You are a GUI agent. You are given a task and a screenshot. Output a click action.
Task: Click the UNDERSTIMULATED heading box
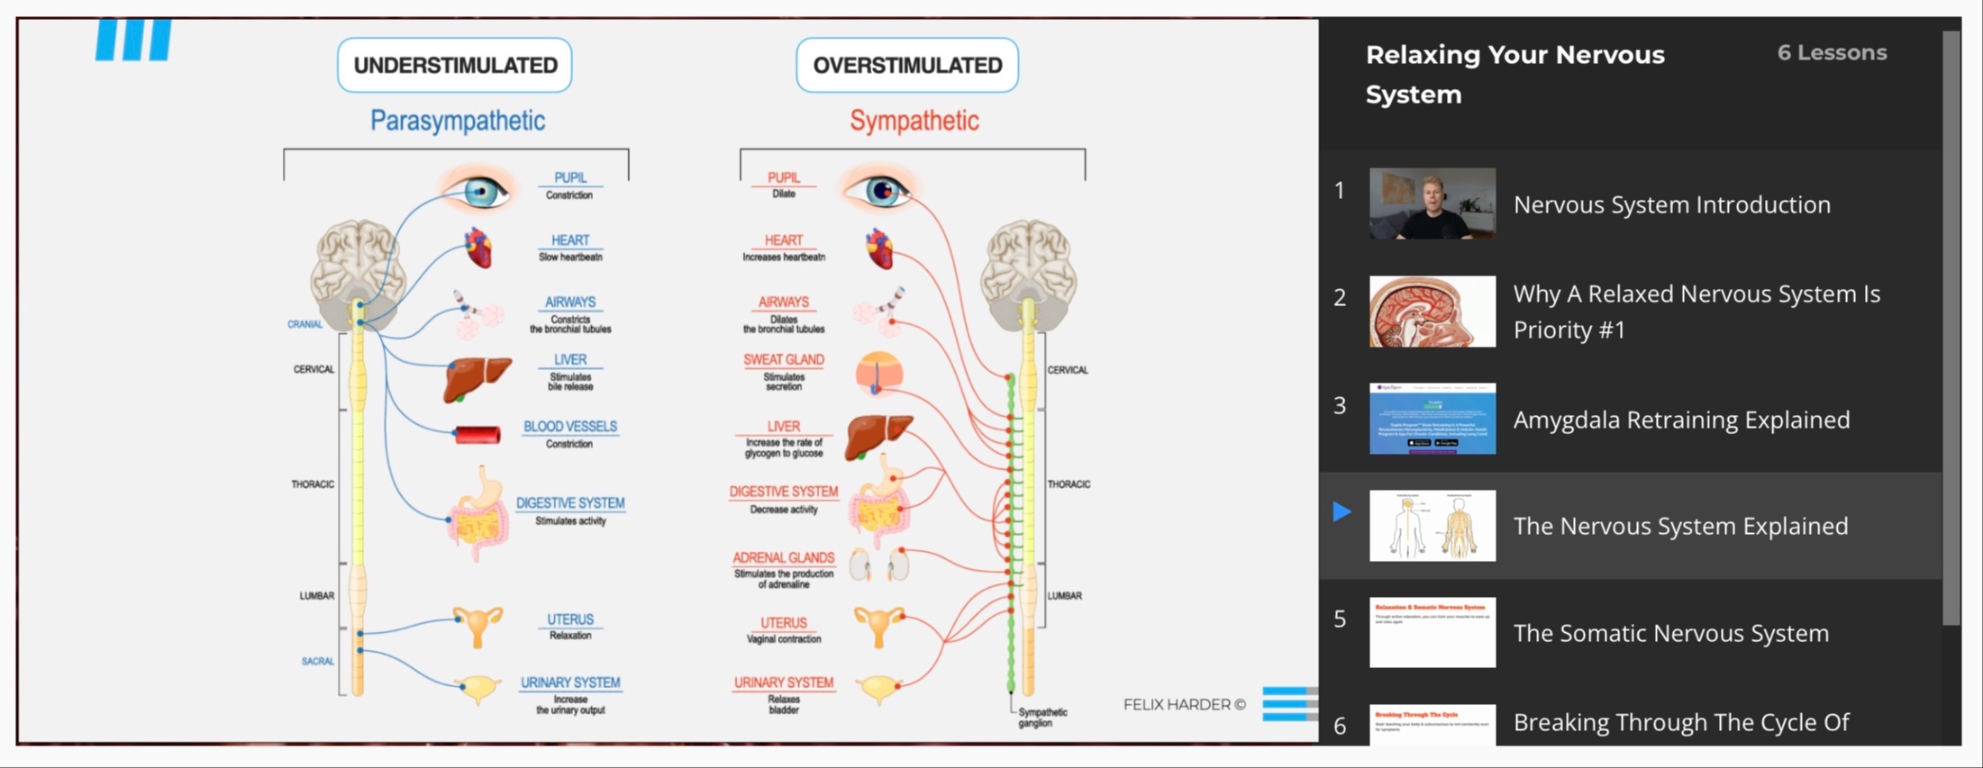click(x=455, y=65)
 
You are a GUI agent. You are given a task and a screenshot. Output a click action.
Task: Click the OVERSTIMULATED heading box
click(x=907, y=65)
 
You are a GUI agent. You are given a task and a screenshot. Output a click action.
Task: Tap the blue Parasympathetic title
click(x=457, y=121)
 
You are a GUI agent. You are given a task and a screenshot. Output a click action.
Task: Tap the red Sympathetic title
click(x=914, y=121)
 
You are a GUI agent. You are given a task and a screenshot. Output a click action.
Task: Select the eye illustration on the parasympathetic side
click(x=478, y=190)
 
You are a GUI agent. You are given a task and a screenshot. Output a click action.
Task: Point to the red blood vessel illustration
click(x=478, y=436)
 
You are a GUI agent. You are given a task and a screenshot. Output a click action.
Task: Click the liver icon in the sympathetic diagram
click(x=878, y=436)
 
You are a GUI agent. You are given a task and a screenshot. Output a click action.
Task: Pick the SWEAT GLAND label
click(x=783, y=360)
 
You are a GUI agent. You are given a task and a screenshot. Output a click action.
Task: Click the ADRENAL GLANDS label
click(x=783, y=558)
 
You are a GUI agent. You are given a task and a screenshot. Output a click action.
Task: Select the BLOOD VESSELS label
click(x=570, y=427)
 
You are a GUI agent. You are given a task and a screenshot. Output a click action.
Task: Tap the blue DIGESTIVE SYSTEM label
click(x=570, y=503)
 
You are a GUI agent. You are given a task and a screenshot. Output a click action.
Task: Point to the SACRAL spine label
click(x=317, y=661)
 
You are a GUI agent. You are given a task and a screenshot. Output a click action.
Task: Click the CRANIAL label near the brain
click(x=305, y=324)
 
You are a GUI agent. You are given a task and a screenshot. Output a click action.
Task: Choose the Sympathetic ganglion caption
click(x=1042, y=718)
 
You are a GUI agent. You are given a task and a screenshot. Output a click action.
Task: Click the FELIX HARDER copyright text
click(x=1184, y=704)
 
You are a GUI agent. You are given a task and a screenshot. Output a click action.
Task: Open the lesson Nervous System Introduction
click(x=1671, y=204)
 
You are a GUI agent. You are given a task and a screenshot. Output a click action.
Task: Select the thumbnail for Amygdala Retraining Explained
click(x=1433, y=419)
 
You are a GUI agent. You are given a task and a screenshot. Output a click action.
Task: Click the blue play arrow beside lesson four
click(x=1342, y=511)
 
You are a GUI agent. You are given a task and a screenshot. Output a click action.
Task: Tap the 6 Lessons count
click(x=1832, y=53)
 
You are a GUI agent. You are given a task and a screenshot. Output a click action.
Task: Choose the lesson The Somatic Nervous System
click(x=1670, y=633)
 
